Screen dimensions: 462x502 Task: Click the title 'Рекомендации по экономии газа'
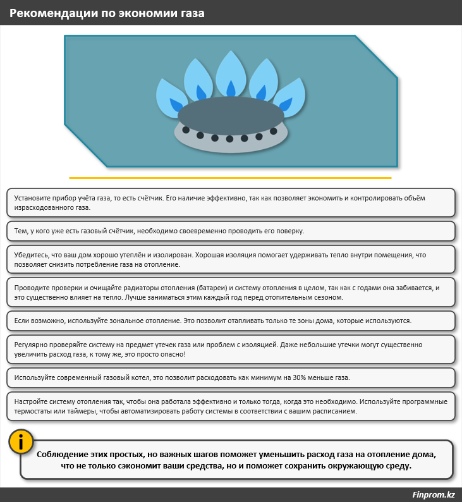[x=107, y=13]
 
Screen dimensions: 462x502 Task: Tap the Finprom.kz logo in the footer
[x=433, y=494]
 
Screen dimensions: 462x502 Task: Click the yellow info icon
[x=21, y=442]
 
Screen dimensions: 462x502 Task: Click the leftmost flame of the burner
[x=171, y=98]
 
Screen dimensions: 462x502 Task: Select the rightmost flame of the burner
[x=290, y=97]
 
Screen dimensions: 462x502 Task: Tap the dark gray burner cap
[x=231, y=116]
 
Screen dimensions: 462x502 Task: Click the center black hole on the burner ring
[x=229, y=138]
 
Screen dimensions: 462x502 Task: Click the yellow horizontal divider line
[x=230, y=178]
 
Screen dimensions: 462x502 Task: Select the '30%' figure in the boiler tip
[x=299, y=378]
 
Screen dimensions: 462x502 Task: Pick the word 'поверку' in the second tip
[x=291, y=231]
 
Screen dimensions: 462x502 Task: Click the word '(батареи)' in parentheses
[x=212, y=288]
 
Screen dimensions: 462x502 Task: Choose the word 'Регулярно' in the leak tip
[x=30, y=345]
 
